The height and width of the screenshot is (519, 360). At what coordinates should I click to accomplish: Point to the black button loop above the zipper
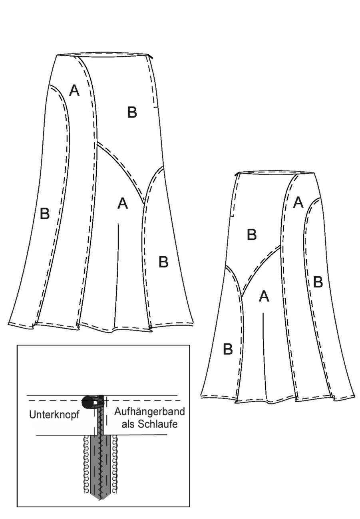pyautogui.click(x=91, y=401)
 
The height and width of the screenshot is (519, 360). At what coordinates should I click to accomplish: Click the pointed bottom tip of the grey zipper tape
pyautogui.click(x=100, y=497)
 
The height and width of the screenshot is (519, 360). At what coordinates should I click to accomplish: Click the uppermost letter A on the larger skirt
pyautogui.click(x=74, y=90)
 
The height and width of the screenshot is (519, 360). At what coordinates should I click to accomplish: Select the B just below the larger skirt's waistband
pyautogui.click(x=132, y=112)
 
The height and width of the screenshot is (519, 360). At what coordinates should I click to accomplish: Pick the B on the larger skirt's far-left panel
pyautogui.click(x=45, y=214)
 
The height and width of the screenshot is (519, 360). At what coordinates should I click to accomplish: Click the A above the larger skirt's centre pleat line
pyautogui.click(x=123, y=204)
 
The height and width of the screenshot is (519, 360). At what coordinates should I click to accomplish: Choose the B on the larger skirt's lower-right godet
pyautogui.click(x=163, y=262)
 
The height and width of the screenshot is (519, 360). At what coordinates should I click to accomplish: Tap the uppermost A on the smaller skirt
pyautogui.click(x=298, y=202)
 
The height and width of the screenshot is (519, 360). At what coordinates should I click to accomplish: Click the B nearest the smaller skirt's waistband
pyautogui.click(x=252, y=234)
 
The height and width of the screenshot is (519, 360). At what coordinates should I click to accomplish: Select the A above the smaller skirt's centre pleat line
pyautogui.click(x=264, y=296)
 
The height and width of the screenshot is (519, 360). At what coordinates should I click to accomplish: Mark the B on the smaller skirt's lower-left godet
pyautogui.click(x=228, y=349)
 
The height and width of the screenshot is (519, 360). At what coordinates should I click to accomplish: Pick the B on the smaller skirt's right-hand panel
pyautogui.click(x=318, y=282)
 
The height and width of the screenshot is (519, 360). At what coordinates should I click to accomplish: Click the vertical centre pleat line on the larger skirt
pyautogui.click(x=117, y=275)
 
